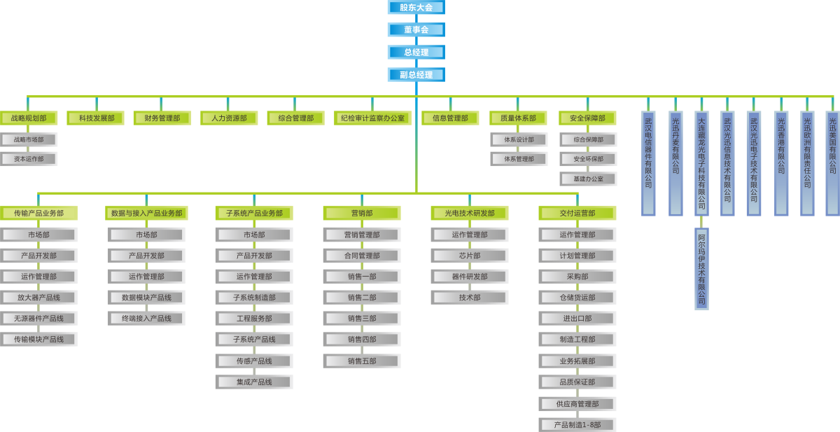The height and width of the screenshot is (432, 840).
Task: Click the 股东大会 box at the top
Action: point(416,8)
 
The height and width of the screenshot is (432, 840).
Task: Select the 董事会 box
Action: point(416,30)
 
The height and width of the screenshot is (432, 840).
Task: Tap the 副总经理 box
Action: point(416,75)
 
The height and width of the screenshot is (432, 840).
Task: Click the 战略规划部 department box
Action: point(29,118)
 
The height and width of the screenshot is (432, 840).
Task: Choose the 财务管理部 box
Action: point(162,118)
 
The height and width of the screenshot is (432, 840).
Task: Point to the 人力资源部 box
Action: point(229,118)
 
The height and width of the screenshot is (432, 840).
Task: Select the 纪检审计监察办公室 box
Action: point(372,118)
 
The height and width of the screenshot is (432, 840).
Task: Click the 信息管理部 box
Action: point(450,118)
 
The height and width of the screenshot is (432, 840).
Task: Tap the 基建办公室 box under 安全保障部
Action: point(588,179)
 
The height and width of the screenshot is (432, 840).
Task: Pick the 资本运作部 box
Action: point(29,159)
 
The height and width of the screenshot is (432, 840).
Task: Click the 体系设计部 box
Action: point(519,140)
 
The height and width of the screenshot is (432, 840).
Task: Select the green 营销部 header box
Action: point(362,214)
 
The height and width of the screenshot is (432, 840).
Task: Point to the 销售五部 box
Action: point(362,361)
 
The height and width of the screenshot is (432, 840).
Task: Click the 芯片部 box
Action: point(470,256)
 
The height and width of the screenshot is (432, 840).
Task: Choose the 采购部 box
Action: point(577,277)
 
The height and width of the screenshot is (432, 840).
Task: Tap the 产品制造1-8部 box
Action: point(577,425)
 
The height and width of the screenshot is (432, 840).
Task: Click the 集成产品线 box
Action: point(254,382)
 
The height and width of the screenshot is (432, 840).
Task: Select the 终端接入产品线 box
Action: point(146,319)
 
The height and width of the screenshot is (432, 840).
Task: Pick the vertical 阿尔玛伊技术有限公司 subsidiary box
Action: point(701,269)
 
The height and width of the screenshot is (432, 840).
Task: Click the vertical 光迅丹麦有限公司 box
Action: point(675,163)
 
